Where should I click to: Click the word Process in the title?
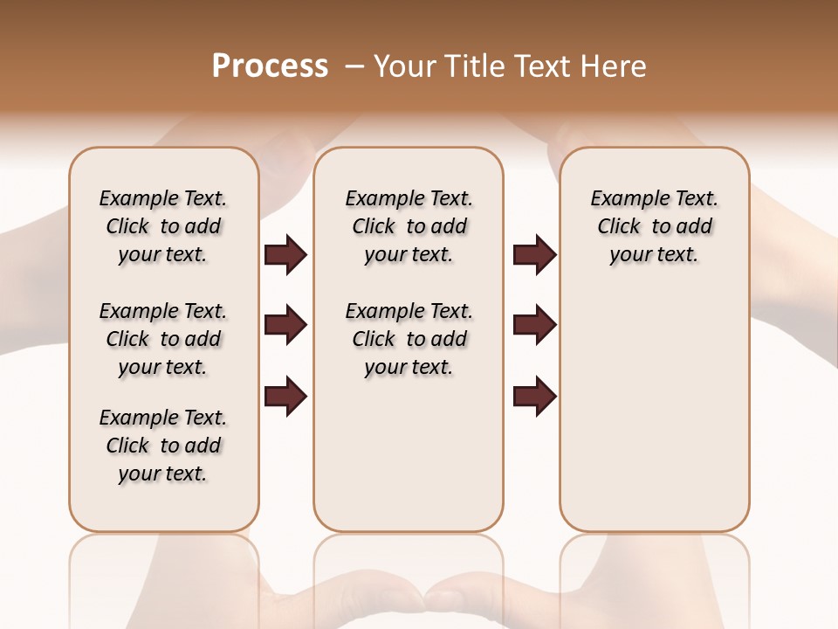(270, 66)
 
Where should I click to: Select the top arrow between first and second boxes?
(285, 255)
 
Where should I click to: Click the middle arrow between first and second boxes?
(285, 326)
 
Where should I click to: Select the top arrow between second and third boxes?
(534, 255)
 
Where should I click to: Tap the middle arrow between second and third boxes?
(534, 326)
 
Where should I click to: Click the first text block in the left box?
(163, 226)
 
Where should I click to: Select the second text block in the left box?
(163, 339)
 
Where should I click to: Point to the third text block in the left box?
(163, 446)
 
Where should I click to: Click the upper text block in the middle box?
(409, 226)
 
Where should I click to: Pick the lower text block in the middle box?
(409, 339)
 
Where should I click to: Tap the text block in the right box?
(655, 226)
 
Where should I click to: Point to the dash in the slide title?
(354, 66)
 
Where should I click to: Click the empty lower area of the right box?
(655, 411)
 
